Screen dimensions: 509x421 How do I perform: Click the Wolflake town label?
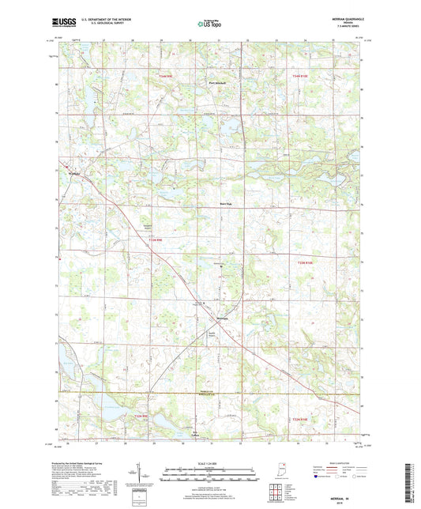point(76,172)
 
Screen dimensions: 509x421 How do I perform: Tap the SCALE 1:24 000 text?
point(209,462)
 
